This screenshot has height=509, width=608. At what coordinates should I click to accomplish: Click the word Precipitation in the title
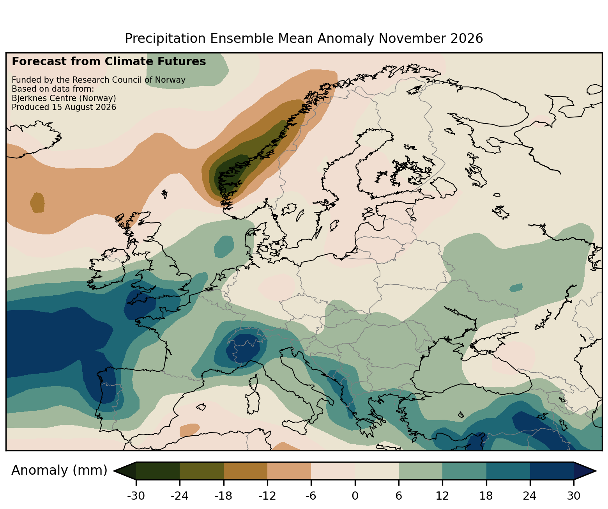tap(165, 39)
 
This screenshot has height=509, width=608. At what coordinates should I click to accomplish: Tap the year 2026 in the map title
tap(467, 39)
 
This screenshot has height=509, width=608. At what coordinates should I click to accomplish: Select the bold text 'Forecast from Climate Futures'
tap(109, 62)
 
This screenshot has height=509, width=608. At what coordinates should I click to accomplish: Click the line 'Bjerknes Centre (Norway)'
tap(64, 98)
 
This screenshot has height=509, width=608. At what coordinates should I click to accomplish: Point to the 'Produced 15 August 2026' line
tap(64, 107)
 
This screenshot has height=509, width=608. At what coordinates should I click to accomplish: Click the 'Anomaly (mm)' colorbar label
tap(59, 470)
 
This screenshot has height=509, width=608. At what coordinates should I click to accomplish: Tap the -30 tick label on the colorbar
tap(136, 496)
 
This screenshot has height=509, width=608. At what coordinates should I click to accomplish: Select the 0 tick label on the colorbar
tap(355, 496)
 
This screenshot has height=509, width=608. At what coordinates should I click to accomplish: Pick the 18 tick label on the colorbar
tap(486, 496)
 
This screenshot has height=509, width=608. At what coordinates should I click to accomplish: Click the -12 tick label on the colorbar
tap(267, 496)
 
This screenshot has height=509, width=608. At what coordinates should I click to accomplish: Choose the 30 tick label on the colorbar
tap(573, 496)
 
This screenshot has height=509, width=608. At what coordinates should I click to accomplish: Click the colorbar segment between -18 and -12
tap(245, 471)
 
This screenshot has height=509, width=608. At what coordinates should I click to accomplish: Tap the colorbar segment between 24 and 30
tap(551, 471)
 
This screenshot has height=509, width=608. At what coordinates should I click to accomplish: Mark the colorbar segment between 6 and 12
tap(420, 471)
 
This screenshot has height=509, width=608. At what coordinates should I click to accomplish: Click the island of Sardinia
tap(253, 403)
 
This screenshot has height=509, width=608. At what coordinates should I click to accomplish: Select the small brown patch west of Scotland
tap(37, 202)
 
